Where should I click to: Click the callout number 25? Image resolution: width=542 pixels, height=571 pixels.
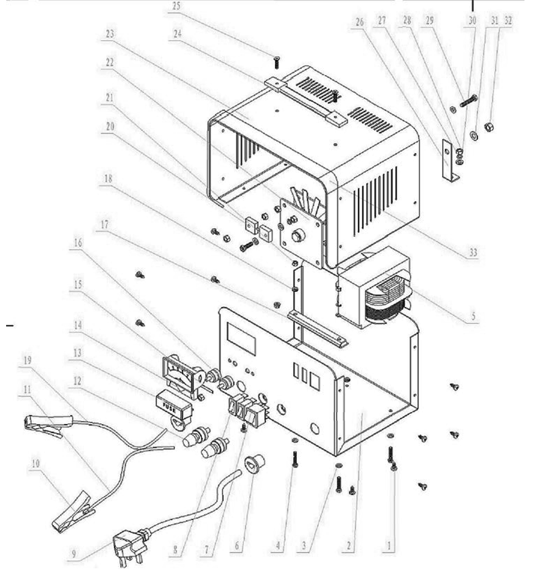tap(176, 6)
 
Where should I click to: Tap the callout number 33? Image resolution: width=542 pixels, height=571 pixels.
tap(473, 252)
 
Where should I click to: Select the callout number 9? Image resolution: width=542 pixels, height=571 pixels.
tap(74, 554)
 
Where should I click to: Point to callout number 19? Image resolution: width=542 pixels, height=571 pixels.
tap(27, 360)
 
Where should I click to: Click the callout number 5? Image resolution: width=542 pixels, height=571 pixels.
tap(474, 316)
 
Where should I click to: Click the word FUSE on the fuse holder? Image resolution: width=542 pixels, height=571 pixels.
tap(169, 408)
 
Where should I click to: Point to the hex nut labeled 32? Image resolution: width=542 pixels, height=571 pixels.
tap(489, 127)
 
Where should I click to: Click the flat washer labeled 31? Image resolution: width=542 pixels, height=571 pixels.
tap(474, 135)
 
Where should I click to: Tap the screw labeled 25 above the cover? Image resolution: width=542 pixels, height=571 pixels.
tap(277, 62)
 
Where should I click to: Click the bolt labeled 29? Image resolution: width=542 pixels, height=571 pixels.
tap(469, 101)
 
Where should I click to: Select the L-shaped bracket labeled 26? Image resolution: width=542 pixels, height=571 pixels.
tap(449, 160)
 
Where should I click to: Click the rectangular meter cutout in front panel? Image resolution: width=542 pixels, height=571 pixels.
tap(242, 339)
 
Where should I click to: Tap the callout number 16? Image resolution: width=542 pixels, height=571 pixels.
tap(77, 243)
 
